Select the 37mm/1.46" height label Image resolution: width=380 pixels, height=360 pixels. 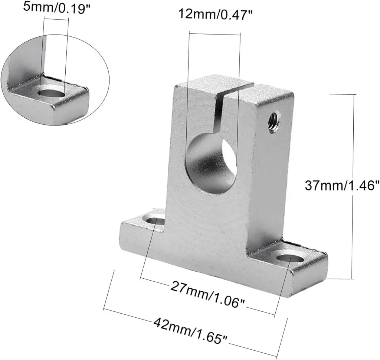pyautogui.click(x=342, y=184)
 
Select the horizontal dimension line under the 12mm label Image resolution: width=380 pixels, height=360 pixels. pyautogui.click(x=214, y=34)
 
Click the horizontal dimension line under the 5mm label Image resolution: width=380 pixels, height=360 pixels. pyautogui.click(x=56, y=17)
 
